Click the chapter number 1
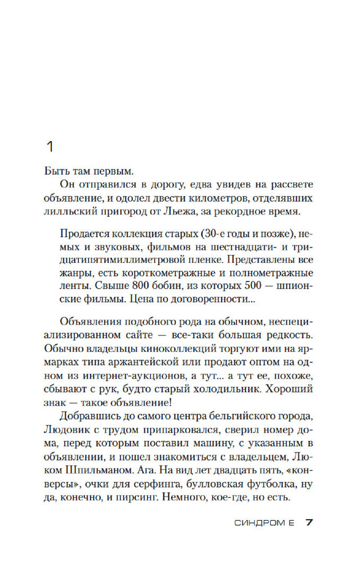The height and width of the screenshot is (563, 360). coord(50,148)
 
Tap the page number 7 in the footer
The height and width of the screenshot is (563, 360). coord(309,522)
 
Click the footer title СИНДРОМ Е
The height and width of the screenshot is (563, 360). coord(264,523)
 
